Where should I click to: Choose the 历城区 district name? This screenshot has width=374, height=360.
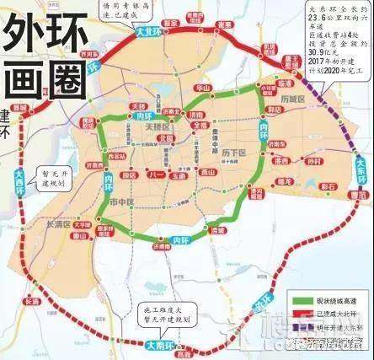[x=291, y=99]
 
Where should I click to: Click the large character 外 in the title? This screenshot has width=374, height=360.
[x=26, y=38]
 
